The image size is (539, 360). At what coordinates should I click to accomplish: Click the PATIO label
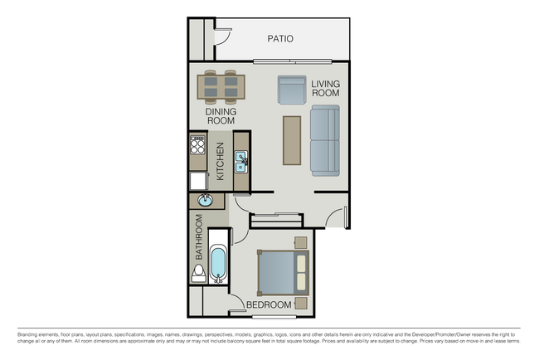pyautogui.click(x=280, y=38)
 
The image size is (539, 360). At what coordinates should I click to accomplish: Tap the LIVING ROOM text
pyautogui.click(x=325, y=89)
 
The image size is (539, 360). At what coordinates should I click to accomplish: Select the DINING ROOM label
pyautogui.click(x=221, y=116)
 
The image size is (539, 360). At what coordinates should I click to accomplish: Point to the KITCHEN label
pyautogui.click(x=221, y=161)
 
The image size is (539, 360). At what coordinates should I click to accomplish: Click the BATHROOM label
pyautogui.click(x=199, y=237)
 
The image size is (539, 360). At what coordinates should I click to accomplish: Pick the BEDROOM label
pyautogui.click(x=269, y=305)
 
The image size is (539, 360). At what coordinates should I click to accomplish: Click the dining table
pyautogui.click(x=221, y=87)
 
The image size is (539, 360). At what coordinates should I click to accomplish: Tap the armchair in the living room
pyautogui.click(x=292, y=90)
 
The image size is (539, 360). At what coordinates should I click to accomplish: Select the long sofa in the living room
pyautogui.click(x=325, y=141)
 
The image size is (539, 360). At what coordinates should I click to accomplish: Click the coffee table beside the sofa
pyautogui.click(x=292, y=141)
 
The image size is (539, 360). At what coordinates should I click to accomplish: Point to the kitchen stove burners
pyautogui.click(x=197, y=145)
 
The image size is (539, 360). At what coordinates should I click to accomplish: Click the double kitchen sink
pyautogui.click(x=241, y=162)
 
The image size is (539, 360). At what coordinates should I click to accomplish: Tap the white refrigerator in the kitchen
pyautogui.click(x=198, y=181)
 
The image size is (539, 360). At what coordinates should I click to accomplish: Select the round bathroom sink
pyautogui.click(x=205, y=200)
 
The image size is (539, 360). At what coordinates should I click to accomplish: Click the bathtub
pyautogui.click(x=218, y=263)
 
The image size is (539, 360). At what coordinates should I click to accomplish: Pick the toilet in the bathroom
pyautogui.click(x=198, y=274)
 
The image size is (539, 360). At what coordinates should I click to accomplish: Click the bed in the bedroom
pyautogui.click(x=284, y=273)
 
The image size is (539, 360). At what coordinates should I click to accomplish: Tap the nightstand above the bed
pyautogui.click(x=301, y=242)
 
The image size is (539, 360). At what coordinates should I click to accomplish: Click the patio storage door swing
pyautogui.click(x=223, y=36)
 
